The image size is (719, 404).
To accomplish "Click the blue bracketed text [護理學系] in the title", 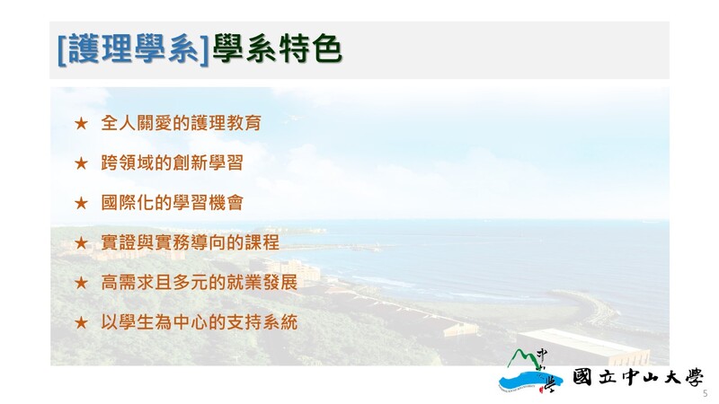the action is point(133,48).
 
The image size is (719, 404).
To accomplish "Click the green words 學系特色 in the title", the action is point(277,48).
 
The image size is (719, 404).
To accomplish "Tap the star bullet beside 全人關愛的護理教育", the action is point(81,123).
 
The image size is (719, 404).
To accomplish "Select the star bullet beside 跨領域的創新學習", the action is point(81,163).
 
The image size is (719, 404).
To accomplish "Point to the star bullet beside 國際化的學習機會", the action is point(81,203).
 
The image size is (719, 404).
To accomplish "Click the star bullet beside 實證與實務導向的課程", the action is point(81,242).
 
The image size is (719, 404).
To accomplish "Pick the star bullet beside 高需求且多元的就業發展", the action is point(81,283).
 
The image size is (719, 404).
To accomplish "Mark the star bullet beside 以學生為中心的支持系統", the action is point(81,322).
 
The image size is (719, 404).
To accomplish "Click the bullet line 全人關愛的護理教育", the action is point(182,123).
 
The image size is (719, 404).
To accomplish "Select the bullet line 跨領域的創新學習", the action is point(172,162).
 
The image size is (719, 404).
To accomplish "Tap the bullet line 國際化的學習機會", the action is point(172,203).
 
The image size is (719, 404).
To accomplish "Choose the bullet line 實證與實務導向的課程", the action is point(190,242).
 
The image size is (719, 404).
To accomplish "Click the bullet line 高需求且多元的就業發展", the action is point(199,282).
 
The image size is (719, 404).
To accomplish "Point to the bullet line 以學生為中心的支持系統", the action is point(199,322).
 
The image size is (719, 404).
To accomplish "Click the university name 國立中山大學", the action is point(637,377).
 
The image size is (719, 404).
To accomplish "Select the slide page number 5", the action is point(706,393).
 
